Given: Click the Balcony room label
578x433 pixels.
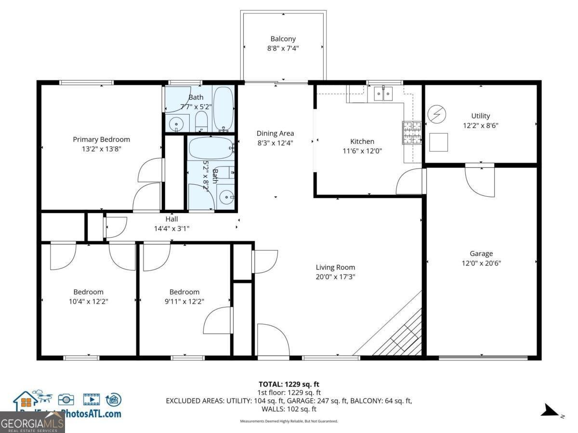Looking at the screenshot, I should (283, 39).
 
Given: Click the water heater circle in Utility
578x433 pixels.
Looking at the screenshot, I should (437, 115).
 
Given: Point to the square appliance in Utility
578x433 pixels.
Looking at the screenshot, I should (439, 141).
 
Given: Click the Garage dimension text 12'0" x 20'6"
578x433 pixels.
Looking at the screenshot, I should (481, 263).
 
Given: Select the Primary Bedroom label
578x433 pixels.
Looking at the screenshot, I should (101, 140).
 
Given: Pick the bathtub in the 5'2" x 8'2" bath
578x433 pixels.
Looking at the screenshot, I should (210, 149).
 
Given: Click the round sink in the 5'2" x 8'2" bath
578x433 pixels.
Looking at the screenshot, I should (225, 197).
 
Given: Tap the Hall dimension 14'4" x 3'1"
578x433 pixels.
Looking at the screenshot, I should (171, 229).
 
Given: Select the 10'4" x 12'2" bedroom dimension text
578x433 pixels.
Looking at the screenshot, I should (88, 301).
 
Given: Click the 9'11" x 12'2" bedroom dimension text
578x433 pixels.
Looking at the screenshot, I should (184, 301).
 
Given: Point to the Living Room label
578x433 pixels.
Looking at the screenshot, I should (335, 267).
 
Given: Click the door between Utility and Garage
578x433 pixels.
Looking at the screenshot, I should (480, 180).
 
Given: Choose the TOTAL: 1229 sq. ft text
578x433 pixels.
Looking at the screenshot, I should (289, 384).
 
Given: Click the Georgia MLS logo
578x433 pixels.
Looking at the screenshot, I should (32, 422).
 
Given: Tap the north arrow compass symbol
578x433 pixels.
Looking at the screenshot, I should (551, 410).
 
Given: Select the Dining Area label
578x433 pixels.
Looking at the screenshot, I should (275, 133).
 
